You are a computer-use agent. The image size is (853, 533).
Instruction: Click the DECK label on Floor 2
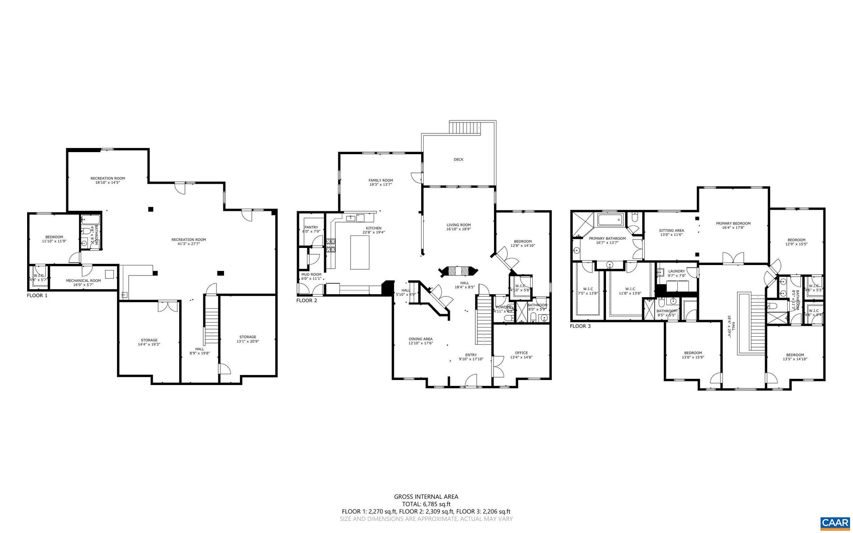458,160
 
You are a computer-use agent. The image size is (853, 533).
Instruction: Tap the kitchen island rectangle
360,252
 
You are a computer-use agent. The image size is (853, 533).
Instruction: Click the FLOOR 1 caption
37,295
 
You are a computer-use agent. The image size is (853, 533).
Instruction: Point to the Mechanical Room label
83,280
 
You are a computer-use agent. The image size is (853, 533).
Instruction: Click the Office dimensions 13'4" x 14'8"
521,357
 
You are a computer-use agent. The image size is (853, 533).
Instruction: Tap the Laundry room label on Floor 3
676,271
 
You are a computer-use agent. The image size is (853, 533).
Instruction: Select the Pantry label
311,227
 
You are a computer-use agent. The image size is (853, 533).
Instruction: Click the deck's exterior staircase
465,128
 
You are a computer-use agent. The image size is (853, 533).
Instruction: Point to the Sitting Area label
671,230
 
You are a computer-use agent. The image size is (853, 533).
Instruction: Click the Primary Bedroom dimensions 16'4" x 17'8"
733,228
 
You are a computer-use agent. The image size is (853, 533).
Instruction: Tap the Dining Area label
420,339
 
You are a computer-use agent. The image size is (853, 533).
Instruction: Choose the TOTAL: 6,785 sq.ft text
426,504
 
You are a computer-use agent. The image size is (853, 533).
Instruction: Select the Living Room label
458,225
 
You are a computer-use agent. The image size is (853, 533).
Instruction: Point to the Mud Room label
311,274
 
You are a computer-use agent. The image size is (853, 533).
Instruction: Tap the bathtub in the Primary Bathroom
611,219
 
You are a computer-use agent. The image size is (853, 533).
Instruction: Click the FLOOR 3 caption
580,326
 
